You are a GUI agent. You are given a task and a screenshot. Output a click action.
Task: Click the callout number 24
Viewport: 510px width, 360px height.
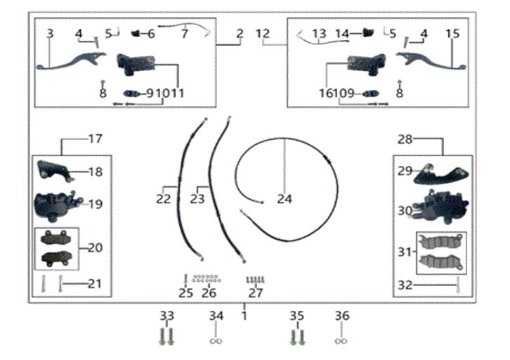tap(285, 199)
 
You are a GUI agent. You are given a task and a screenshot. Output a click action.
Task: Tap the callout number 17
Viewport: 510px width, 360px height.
tap(96, 139)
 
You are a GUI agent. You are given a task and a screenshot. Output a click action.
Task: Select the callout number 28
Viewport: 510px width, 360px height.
tap(405, 139)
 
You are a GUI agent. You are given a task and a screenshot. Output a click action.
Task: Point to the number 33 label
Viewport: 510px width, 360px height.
tap(167, 316)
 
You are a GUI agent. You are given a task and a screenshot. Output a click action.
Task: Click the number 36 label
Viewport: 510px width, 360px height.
tap(342, 316)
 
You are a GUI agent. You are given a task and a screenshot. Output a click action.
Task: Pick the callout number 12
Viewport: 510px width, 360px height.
tap(263, 34)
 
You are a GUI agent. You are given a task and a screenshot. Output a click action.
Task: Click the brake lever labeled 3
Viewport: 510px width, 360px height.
tap(71, 61)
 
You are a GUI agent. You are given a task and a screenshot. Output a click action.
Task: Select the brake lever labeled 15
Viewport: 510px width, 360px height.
tap(431, 61)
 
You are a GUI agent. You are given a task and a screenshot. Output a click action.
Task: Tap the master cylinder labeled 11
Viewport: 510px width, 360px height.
tap(136, 65)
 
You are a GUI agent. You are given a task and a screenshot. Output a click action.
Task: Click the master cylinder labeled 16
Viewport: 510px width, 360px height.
tap(367, 65)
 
